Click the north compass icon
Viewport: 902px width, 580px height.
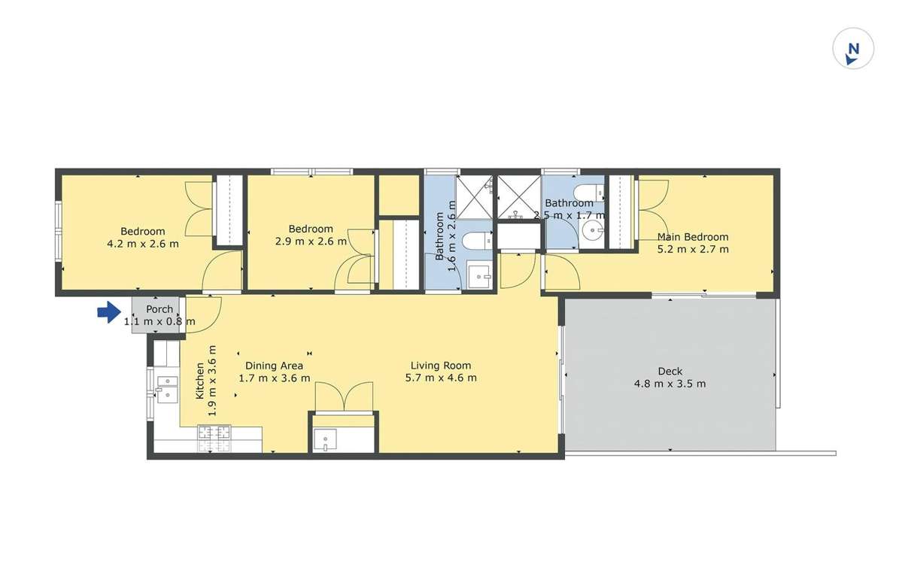tap(853, 50)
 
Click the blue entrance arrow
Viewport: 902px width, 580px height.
tap(109, 312)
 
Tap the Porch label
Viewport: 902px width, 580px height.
tap(159, 309)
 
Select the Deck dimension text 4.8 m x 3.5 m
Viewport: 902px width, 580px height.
tap(670, 384)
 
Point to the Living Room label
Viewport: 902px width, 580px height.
tap(440, 366)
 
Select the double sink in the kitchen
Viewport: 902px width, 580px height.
tap(166, 387)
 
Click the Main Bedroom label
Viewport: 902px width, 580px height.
tap(693, 237)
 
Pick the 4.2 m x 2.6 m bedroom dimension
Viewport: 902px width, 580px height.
tap(143, 244)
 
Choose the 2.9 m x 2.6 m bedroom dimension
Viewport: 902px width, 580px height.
tap(311, 241)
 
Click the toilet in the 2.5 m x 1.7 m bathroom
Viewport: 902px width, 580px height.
tap(589, 192)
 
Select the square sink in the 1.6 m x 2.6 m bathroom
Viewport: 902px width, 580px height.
tap(478, 277)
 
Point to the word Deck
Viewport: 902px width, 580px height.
tap(670, 371)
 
